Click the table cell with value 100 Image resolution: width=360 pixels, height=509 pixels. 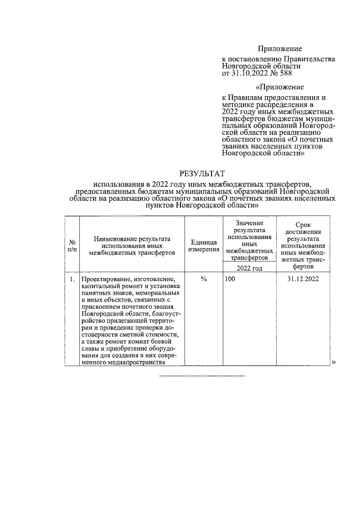(229, 279)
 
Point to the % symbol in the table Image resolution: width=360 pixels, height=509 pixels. (204, 279)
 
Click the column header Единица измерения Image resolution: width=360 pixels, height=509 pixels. (204, 245)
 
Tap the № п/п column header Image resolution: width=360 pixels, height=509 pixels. (71, 245)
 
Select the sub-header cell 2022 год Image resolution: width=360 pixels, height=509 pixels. (249, 268)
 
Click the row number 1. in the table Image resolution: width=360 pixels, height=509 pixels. (72, 279)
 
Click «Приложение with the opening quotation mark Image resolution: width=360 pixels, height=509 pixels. (279, 87)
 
